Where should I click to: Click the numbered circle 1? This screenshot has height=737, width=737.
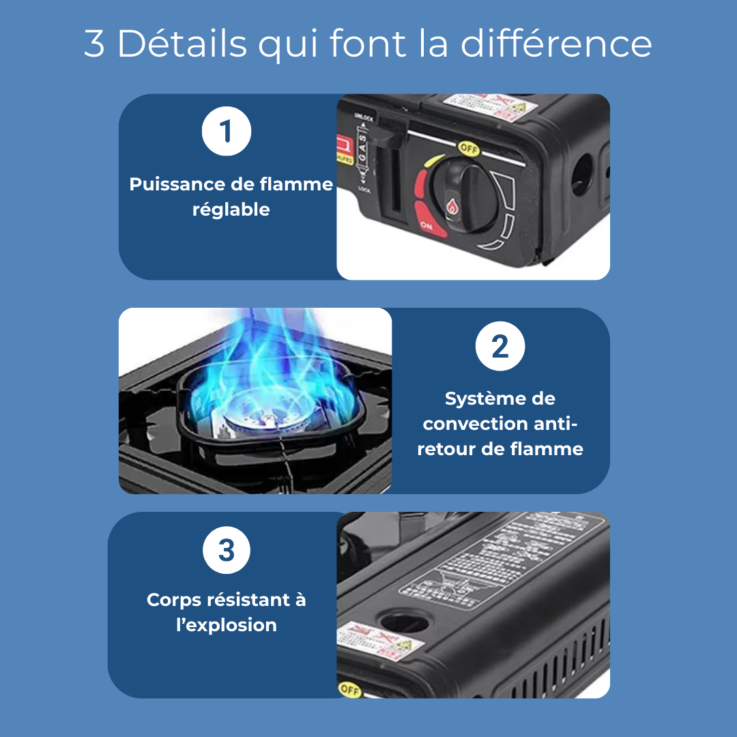[x=227, y=132]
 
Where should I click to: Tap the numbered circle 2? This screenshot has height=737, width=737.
[x=500, y=346]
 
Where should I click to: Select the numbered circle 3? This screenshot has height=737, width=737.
[x=227, y=549]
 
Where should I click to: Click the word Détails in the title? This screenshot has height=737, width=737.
[x=182, y=44]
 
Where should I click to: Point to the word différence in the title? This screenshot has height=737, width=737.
[x=556, y=44]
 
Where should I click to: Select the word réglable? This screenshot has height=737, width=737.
[x=231, y=209]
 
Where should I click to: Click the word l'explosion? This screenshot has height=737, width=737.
[x=227, y=625]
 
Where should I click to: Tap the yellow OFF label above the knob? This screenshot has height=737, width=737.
[x=469, y=147]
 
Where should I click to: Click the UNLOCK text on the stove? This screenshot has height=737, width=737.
[x=363, y=118]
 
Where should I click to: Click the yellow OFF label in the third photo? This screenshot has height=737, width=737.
[x=349, y=689]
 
